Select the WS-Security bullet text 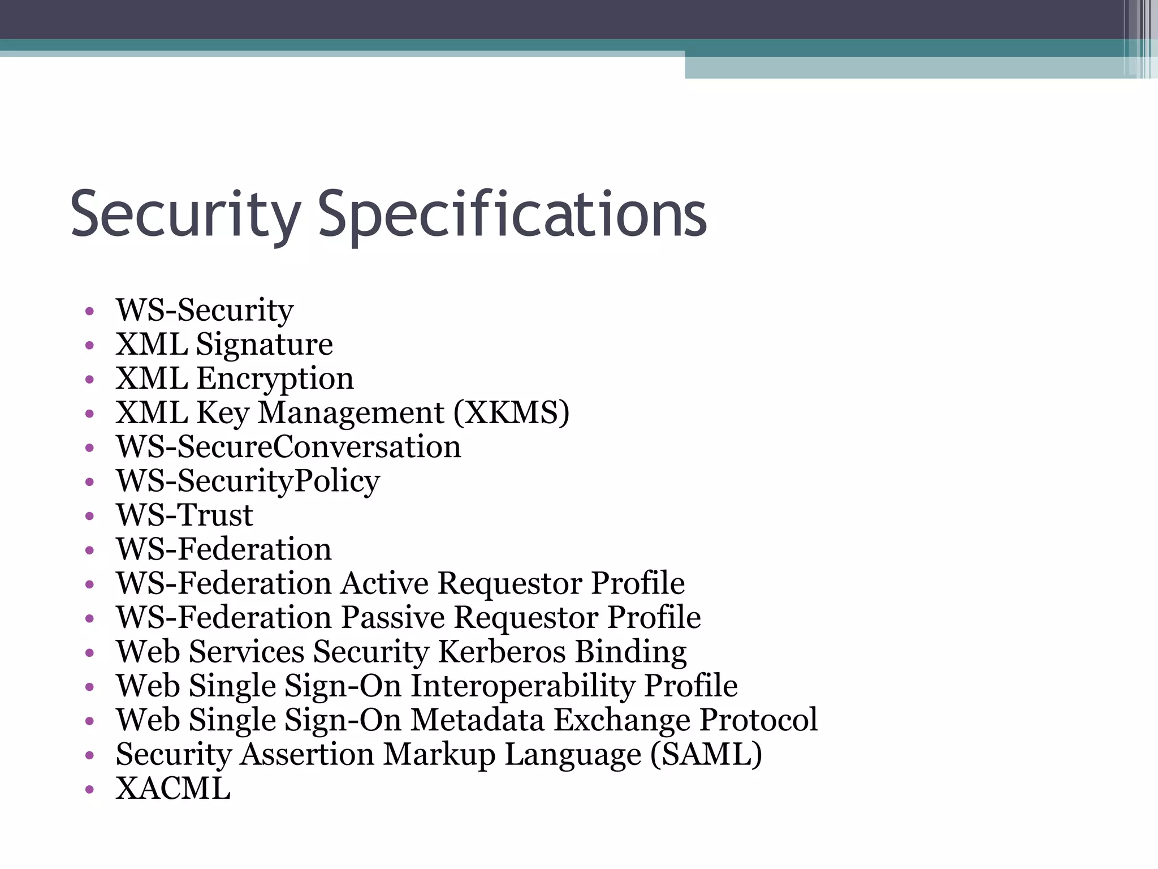coord(205,310)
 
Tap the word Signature coord(264,345)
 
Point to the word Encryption coord(275,378)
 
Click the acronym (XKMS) coord(511,412)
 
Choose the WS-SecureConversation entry coord(288,447)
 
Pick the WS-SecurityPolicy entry coord(248,481)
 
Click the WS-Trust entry coord(184,515)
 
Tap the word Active coord(384,583)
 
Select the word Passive coord(392,617)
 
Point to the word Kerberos coord(502,652)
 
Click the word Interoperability coord(522,686)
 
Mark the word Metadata coord(477,720)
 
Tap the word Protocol coord(758,720)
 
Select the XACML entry coord(173,788)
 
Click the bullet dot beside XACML coord(89,790)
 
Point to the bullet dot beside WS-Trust coord(89,517)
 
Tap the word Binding coord(630,652)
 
